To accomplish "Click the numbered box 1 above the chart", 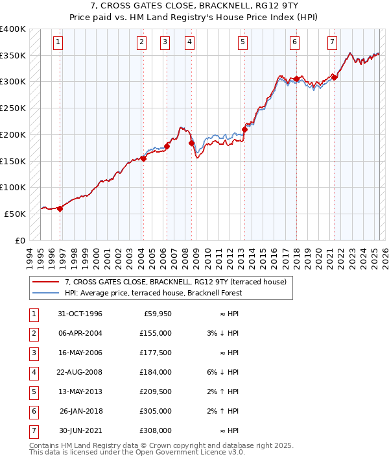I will click(x=58, y=43).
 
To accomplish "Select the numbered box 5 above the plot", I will click(x=242, y=43).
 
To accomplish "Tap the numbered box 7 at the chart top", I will click(x=332, y=43).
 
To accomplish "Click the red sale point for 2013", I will click(x=245, y=129).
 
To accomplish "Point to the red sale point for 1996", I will click(x=60, y=208).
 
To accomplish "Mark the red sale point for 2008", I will click(x=192, y=143).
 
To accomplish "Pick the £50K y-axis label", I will click(x=15, y=214).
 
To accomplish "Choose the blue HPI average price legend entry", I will click(x=153, y=293).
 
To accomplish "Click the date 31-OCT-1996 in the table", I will click(x=80, y=314).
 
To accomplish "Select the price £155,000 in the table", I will click(x=155, y=333).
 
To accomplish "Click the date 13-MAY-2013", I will click(x=80, y=392).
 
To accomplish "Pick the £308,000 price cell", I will click(x=155, y=430).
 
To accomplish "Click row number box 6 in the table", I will click(x=32, y=412).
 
